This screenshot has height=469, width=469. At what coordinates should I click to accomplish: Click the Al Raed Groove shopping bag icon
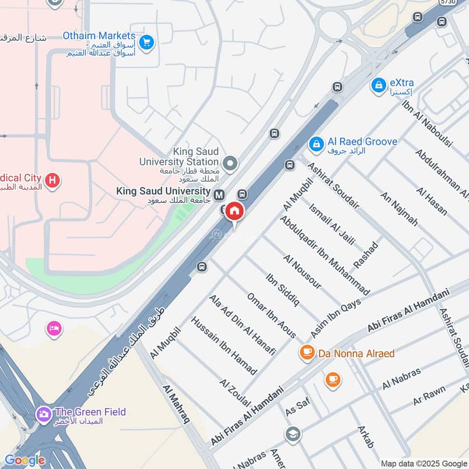point(316,143)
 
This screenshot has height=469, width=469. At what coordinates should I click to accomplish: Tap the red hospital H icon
point(53,181)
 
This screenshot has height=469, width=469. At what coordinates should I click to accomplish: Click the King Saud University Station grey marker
point(230,163)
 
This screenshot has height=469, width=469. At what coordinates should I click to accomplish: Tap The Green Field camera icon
point(44,414)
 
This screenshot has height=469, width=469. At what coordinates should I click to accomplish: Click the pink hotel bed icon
point(54,329)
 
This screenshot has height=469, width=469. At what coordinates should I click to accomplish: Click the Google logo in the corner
point(25,460)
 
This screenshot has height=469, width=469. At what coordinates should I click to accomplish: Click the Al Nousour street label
point(303,271)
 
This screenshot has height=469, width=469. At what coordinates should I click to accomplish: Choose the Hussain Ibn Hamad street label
point(224,346)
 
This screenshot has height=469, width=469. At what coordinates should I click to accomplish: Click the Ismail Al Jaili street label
point(331,227)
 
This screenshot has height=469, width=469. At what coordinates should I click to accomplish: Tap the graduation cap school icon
point(293,434)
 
